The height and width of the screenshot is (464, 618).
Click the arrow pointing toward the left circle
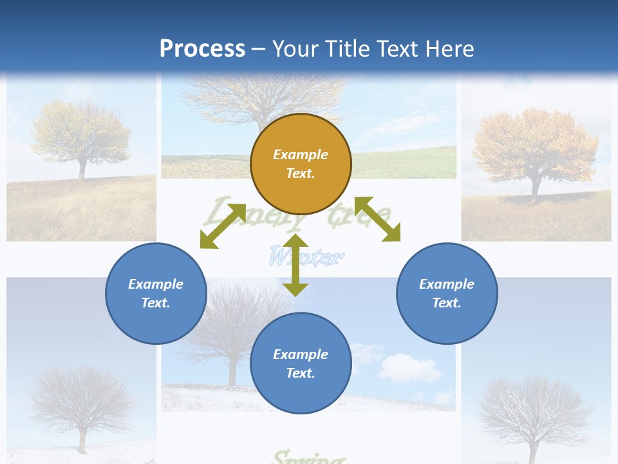[x=223, y=226]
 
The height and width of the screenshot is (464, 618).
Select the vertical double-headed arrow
[x=295, y=265]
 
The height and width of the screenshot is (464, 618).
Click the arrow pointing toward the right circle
[x=378, y=219]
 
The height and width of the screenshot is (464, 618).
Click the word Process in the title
[x=202, y=48]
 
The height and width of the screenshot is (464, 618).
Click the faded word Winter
[x=305, y=257]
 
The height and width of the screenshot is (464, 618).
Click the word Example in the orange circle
[x=301, y=155]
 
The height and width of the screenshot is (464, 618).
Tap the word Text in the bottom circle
[x=301, y=373]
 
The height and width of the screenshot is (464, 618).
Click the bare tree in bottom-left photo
[x=81, y=400]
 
